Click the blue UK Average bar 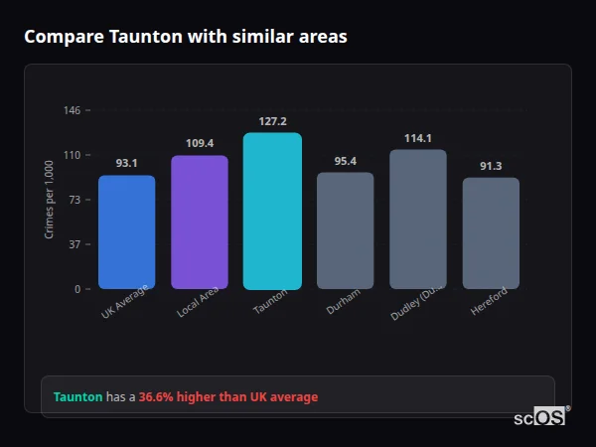click(126, 232)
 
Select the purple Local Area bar click(200, 223)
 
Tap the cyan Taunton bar click(272, 212)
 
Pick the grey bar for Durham click(346, 230)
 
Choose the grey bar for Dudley click(418, 220)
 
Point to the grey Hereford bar click(491, 233)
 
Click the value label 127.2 click(272, 121)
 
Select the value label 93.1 click(126, 163)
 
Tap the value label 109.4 click(200, 143)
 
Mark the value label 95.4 click(346, 160)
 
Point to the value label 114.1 click(418, 138)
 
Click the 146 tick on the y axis click(73, 110)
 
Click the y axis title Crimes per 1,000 click(50, 200)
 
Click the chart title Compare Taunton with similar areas click(186, 37)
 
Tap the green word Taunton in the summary click(77, 397)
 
